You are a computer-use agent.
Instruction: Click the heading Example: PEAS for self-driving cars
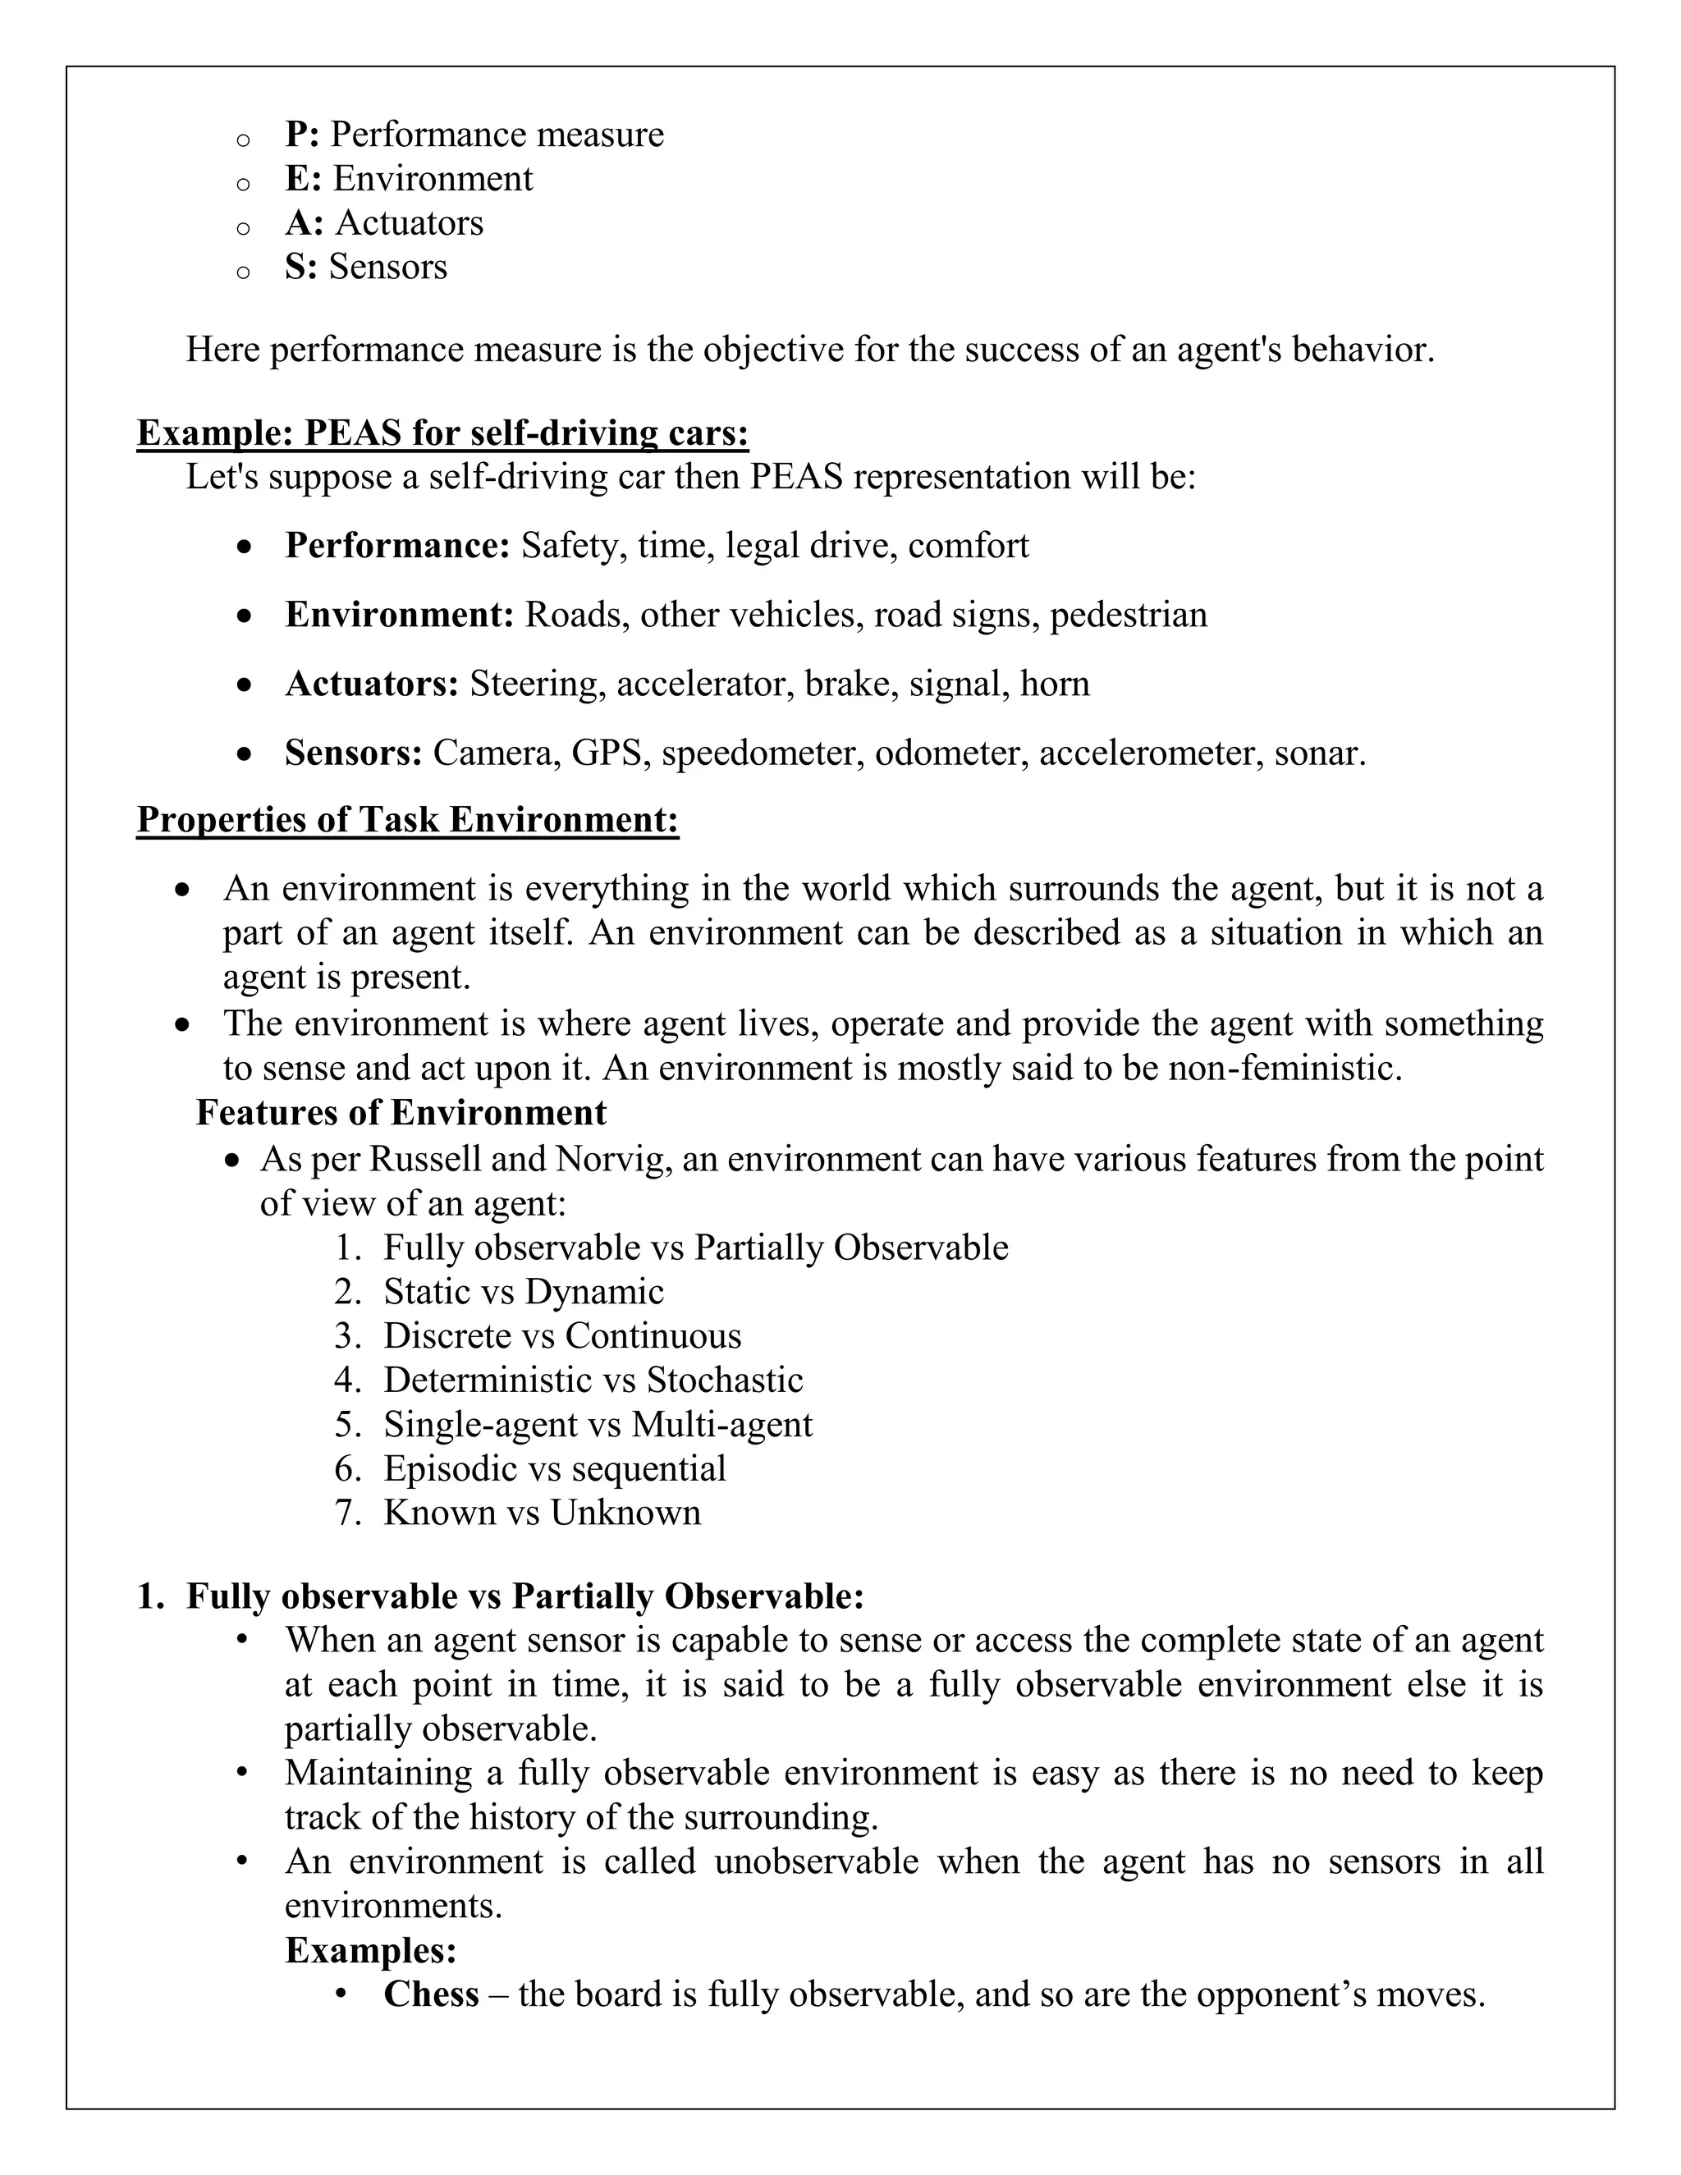442,433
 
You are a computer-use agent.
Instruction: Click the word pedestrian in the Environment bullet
1129,615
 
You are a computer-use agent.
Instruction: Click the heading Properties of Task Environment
407,820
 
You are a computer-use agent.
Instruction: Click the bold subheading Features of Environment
401,1112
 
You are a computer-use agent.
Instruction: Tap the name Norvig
602,1159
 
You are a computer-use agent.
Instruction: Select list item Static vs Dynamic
523,1292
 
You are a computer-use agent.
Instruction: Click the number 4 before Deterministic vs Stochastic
346,1381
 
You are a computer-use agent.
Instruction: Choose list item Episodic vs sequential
555,1468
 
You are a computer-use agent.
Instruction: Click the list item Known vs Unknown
542,1513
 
